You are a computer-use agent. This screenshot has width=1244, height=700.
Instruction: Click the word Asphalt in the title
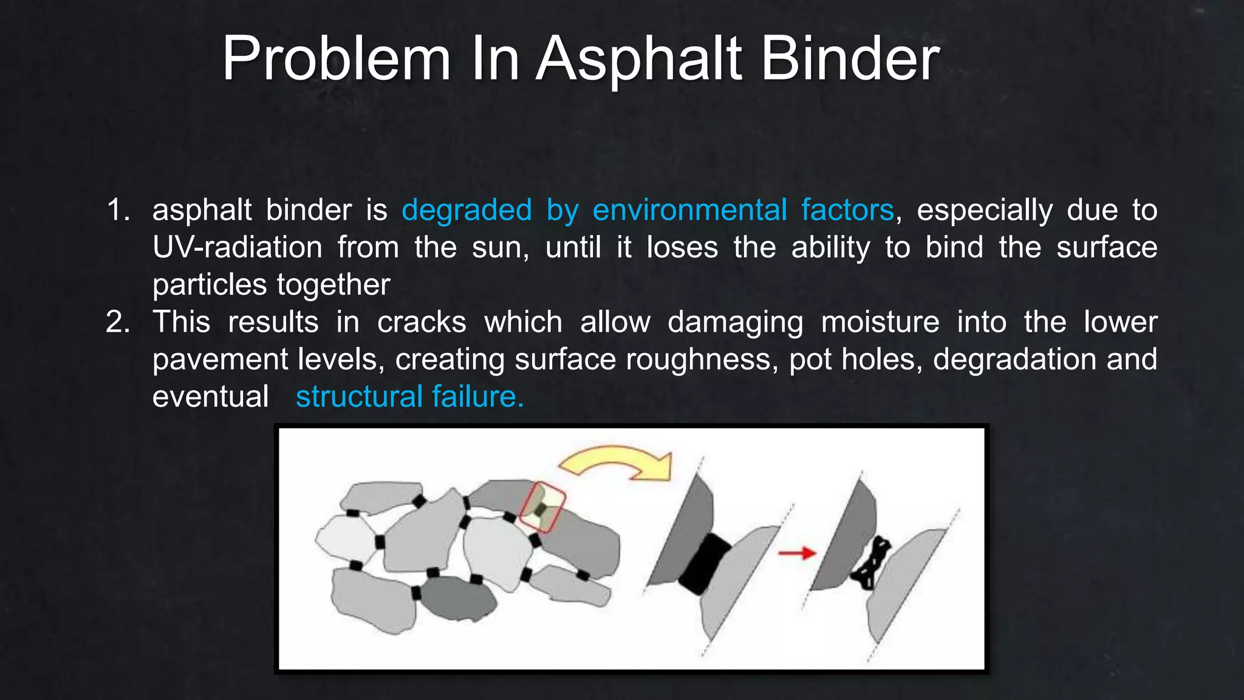[x=639, y=59]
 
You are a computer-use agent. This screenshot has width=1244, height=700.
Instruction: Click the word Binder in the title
[x=850, y=59]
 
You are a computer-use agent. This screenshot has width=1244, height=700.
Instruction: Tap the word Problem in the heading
[x=336, y=59]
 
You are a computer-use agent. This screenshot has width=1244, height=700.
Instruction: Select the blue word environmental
[x=689, y=210]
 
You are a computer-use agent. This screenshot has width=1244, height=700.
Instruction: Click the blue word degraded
[x=466, y=210]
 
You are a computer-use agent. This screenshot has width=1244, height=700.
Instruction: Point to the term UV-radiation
[x=237, y=247]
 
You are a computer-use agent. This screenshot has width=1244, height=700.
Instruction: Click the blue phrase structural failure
[x=409, y=396]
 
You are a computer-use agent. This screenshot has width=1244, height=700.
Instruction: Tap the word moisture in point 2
[x=880, y=322]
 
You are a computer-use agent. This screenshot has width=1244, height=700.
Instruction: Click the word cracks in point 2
[x=422, y=322]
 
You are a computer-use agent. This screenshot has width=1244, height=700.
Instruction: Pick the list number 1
[x=118, y=210]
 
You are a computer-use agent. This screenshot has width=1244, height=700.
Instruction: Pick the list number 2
[x=118, y=322]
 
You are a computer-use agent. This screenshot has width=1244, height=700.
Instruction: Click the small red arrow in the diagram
[x=797, y=553]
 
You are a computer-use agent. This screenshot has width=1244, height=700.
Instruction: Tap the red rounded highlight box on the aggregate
[x=542, y=507]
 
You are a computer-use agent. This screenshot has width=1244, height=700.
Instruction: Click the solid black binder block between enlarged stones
[x=705, y=564]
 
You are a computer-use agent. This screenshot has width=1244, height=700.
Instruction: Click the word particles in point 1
[x=210, y=284]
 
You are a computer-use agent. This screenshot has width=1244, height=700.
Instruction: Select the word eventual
[x=210, y=396]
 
